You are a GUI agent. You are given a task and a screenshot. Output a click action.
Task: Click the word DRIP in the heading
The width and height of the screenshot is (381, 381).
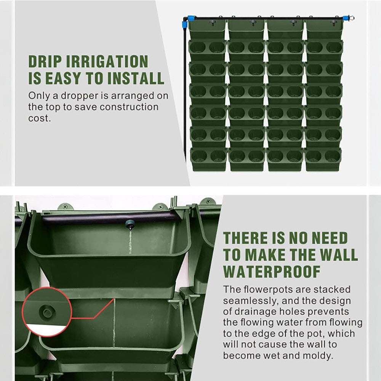coord(45,61)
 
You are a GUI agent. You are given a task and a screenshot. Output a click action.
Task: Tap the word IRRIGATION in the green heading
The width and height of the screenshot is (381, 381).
coord(107,61)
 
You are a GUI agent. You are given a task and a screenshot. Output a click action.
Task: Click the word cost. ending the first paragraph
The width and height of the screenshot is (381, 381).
coord(40,118)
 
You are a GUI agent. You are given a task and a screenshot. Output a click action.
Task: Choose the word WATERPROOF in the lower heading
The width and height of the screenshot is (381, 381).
coord(272,271)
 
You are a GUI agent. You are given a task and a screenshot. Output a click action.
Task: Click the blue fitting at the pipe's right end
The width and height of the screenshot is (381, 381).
coord(346,18)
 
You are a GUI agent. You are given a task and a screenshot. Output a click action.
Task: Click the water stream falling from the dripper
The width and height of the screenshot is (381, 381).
coord(130,242)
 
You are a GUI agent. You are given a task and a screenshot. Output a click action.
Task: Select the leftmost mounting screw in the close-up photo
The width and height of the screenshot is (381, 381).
coord(65,207)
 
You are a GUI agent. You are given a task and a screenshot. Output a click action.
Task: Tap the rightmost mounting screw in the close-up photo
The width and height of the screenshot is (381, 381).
coord(209,202)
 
